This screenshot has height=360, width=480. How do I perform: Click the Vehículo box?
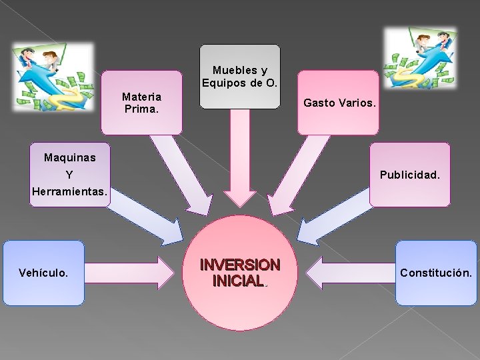pos(44,273)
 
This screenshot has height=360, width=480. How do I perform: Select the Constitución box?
pos(436,273)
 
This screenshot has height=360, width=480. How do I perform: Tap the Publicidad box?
pos(409,175)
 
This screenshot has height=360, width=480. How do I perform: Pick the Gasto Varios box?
pos(339,103)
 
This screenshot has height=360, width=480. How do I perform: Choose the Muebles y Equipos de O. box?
pos(240,76)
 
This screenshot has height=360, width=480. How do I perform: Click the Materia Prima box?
pos(141,102)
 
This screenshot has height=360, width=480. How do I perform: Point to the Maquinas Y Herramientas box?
pos(69,175)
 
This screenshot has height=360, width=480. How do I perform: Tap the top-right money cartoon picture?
pos(421,60)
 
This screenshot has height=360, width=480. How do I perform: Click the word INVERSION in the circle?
pos(240,265)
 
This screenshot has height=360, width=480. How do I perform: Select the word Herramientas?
pos(69,192)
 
